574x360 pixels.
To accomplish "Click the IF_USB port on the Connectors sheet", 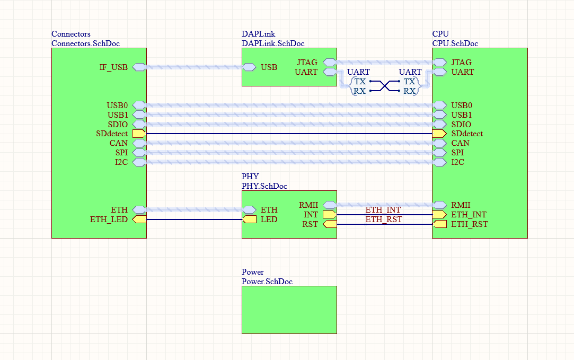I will (139, 67).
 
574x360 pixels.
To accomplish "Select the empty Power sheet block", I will (289, 310).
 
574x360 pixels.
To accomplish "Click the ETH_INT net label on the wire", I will (383, 210).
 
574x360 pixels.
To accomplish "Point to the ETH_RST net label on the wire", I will (383, 219).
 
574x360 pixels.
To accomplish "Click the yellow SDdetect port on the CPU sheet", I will (439, 134).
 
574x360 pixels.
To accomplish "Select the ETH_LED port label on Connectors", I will (109, 219).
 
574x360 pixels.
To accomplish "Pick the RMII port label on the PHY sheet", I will (308, 205).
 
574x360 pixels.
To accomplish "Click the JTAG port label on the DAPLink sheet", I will (307, 63).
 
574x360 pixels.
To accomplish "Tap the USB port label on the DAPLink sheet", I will (269, 67).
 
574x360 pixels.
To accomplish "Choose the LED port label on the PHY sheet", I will (269, 219).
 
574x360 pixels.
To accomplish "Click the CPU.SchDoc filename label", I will (455, 43).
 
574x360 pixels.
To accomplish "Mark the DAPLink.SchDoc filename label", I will (273, 43).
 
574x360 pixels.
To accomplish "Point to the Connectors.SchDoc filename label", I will (89, 43).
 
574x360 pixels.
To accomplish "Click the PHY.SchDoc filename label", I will (264, 186).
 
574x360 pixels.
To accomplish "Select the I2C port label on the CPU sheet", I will (457, 162).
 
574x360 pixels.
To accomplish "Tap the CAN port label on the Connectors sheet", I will (119, 143).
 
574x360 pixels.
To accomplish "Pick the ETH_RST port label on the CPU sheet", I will (469, 224).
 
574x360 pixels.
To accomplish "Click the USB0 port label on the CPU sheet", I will (461, 106).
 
